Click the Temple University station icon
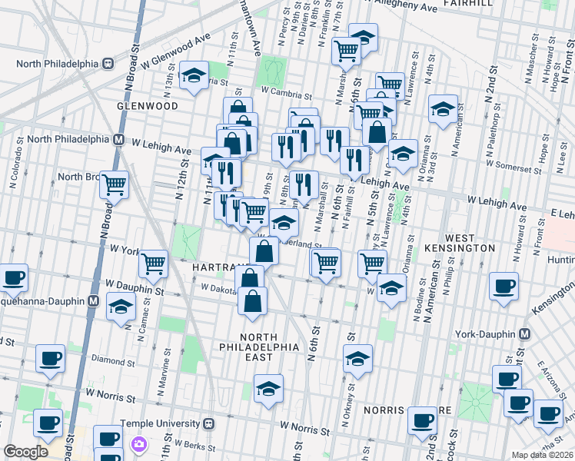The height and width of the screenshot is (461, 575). (x=208, y=423)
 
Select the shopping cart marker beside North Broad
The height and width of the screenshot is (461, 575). (x=115, y=185)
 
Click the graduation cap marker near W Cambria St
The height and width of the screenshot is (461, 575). (x=194, y=75)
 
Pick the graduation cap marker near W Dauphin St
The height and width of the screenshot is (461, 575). (x=121, y=307)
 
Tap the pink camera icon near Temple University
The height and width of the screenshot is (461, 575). (x=139, y=443)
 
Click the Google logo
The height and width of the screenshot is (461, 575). (x=25, y=452)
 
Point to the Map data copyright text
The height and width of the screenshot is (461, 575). (x=542, y=455)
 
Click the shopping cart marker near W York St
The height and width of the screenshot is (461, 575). (x=153, y=264)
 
